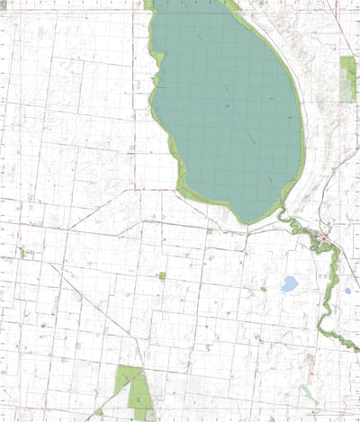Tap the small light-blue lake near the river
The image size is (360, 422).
point(289,284)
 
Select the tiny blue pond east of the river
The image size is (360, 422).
point(347,291)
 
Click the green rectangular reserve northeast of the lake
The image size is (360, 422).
point(348,77)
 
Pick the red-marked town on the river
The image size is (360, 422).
point(322,238)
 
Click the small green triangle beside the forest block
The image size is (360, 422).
point(98,412)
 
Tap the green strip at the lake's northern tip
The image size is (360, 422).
point(148,4)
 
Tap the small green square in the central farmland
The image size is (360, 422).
point(162,276)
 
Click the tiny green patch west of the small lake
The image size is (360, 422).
point(263,290)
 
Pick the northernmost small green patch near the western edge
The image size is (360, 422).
point(20,253)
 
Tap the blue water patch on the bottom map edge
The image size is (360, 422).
point(271,418)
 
